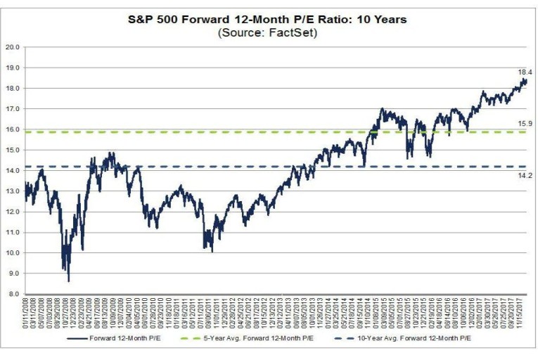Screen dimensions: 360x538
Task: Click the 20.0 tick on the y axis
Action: pos(13,48)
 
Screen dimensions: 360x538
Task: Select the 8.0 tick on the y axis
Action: pos(13,294)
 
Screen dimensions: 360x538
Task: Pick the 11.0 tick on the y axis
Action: pos(13,233)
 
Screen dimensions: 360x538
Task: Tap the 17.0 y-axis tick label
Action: pos(13,110)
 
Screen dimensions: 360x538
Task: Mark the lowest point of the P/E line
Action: pos(68,281)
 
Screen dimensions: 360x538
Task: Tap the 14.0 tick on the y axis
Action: pos(13,171)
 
